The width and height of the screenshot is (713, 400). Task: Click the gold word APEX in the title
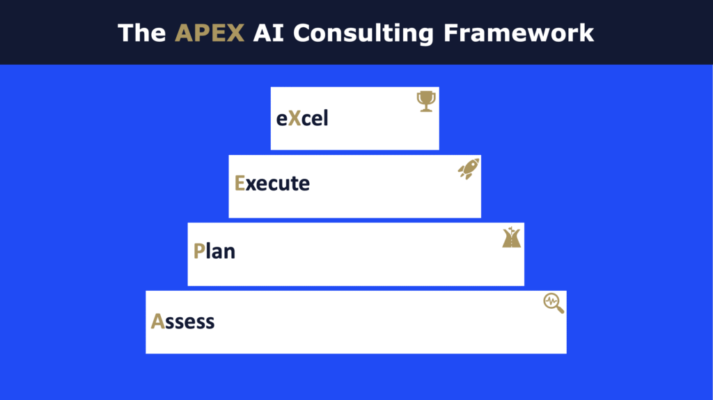(210, 33)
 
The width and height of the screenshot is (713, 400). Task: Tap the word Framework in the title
(518, 33)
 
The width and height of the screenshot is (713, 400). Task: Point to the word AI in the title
(268, 33)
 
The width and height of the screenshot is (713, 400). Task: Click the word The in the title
(141, 33)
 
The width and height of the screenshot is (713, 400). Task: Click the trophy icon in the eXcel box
(426, 102)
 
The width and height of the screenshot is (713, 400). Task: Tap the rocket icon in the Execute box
(469, 168)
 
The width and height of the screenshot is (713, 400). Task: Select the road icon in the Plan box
(512, 237)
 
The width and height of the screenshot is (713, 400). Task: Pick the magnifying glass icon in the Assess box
(554, 303)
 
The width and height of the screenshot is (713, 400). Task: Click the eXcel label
(302, 119)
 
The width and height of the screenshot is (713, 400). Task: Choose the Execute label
(272, 183)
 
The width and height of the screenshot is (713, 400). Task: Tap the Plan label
(214, 251)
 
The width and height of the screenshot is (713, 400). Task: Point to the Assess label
(182, 321)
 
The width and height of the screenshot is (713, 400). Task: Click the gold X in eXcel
(295, 119)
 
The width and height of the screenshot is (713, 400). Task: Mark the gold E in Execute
(240, 183)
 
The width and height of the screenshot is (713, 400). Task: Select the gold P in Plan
(199, 251)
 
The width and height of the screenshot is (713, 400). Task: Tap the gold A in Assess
(157, 321)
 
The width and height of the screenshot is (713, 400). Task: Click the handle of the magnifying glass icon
(561, 310)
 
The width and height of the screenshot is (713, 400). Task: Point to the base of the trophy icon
(426, 110)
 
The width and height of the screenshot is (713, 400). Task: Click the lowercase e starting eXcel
(281, 120)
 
